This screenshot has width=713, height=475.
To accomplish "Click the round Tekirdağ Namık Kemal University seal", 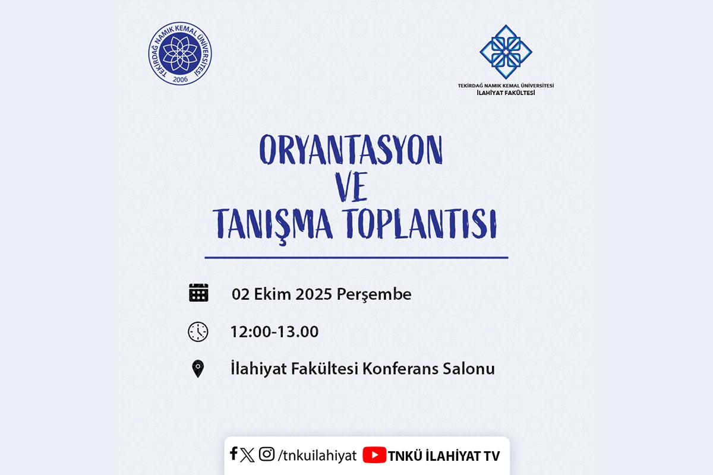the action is click(180, 53).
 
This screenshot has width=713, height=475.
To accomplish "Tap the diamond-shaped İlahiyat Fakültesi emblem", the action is click(506, 52).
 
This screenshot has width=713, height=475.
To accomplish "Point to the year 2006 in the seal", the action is click(180, 79).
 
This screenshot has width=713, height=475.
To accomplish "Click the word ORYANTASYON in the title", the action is click(351, 149).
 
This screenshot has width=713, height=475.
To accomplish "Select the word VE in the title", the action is click(351, 187).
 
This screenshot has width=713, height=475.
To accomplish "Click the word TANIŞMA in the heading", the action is click(273, 224).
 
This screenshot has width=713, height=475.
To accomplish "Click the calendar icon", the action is click(198, 293).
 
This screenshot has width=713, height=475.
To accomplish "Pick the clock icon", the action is click(198, 332).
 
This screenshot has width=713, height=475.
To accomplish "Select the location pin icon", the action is click(198, 369).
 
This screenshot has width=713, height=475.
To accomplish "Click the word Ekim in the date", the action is click(273, 294).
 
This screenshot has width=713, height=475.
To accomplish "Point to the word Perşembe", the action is click(374, 294).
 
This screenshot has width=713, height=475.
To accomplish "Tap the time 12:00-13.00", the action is click(275, 331).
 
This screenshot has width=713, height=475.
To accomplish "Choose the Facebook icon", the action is click(234, 453).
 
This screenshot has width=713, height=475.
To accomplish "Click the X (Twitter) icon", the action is click(247, 455).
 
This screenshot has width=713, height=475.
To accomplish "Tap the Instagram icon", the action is click(266, 454).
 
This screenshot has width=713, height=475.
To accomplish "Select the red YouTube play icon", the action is click(374, 455).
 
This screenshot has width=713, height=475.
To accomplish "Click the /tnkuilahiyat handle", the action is click(317, 455).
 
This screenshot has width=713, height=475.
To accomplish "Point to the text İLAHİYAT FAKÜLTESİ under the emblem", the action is click(506, 93).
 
